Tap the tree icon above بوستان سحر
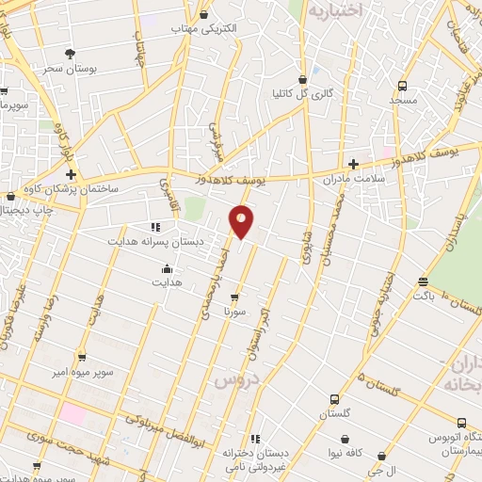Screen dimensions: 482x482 (x=71, y=55)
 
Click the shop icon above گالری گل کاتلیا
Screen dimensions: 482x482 (x=302, y=79)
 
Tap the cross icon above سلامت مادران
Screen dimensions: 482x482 (x=353, y=163)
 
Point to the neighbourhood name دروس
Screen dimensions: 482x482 (x=237, y=378)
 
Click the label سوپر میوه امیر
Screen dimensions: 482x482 (x=83, y=373)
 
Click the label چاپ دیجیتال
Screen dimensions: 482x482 (x=21, y=211)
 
